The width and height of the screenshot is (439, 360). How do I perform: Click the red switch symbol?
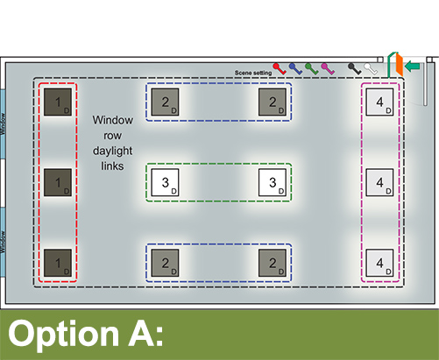click(280, 68)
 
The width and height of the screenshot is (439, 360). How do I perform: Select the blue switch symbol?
click(295, 68)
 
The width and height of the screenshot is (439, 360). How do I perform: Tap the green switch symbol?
click(312, 68)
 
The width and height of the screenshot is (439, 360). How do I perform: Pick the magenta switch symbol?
click(328, 68)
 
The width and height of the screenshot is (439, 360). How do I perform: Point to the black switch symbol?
click(355, 68)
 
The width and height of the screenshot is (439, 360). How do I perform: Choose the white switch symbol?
click(371, 68)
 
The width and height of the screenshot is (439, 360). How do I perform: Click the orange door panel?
click(400, 65)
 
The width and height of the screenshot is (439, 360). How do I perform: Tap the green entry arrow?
click(413, 66)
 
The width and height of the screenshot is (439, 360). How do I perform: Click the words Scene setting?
click(253, 73)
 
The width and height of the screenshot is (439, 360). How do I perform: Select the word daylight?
click(113, 151)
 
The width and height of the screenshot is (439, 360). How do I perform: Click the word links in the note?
click(112, 166)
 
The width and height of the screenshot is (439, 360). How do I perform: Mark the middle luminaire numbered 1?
click(58, 182)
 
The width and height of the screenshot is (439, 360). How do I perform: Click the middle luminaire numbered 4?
click(379, 182)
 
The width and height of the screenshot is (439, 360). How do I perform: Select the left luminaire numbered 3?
click(165, 182)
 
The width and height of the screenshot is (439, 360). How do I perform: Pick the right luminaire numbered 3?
click(273, 182)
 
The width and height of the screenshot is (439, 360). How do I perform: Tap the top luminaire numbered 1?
click(58, 102)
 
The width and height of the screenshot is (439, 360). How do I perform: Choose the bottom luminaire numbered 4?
click(379, 263)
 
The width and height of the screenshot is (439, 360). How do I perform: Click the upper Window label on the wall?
click(3, 124)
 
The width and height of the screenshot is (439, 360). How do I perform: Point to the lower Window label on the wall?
click(3, 242)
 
